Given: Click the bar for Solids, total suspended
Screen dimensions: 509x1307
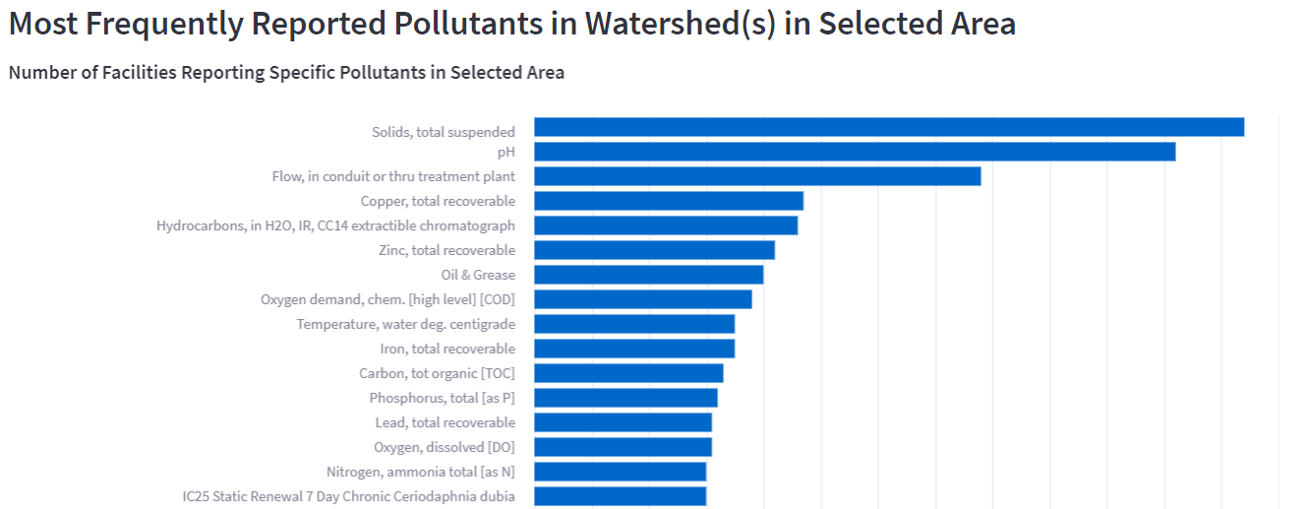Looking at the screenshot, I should click(889, 127).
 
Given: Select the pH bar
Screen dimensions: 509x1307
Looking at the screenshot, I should click(855, 152).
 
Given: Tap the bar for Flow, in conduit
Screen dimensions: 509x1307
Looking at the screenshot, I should click(757, 176).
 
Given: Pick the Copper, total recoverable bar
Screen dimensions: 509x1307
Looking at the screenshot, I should click(669, 201).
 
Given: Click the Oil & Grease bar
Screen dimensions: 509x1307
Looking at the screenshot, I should click(648, 275).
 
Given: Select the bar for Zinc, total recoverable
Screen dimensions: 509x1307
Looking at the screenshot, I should click(654, 250).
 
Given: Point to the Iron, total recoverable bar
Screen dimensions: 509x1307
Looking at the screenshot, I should click(634, 349).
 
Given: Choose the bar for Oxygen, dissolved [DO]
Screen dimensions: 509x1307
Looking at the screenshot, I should click(623, 447).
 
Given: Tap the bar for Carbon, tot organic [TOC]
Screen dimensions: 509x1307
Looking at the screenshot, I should click(628, 373).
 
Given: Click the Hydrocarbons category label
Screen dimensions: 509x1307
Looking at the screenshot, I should click(335, 225).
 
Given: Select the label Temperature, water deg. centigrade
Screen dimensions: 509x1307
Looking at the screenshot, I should click(405, 324).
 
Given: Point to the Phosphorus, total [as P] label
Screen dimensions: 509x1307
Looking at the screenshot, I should click(442, 398).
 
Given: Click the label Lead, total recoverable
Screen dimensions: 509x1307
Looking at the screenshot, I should click(445, 422).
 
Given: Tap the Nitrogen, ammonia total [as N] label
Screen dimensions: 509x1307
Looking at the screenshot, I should click(420, 472).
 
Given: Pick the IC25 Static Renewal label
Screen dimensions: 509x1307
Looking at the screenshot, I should click(348, 496).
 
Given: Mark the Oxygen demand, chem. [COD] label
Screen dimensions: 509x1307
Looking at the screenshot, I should click(387, 299).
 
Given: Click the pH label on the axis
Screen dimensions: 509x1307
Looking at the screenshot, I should click(505, 152).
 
